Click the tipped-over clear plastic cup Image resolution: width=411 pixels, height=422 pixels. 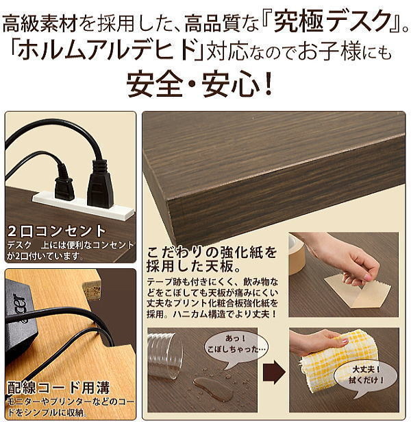point(164,355)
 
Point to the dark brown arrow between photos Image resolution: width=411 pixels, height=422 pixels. point(273,372)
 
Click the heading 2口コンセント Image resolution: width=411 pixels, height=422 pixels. point(57,231)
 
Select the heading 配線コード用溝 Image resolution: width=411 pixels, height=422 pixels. point(58,388)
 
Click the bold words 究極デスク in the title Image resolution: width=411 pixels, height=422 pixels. point(332,21)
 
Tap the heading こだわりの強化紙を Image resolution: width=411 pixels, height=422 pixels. point(212,253)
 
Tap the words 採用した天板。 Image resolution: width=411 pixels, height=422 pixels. point(193,267)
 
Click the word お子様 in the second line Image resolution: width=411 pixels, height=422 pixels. point(329,51)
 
